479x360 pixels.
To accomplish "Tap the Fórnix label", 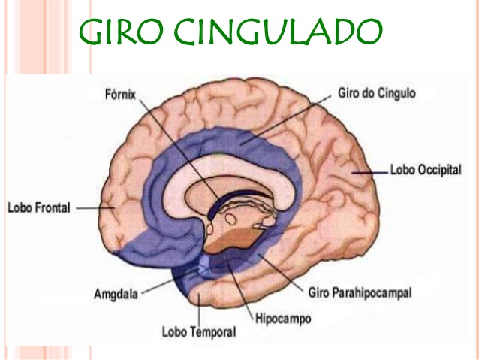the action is [x=122, y=95].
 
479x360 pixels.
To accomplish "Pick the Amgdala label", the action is [x=116, y=295].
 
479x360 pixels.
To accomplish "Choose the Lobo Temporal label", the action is [x=198, y=331].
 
